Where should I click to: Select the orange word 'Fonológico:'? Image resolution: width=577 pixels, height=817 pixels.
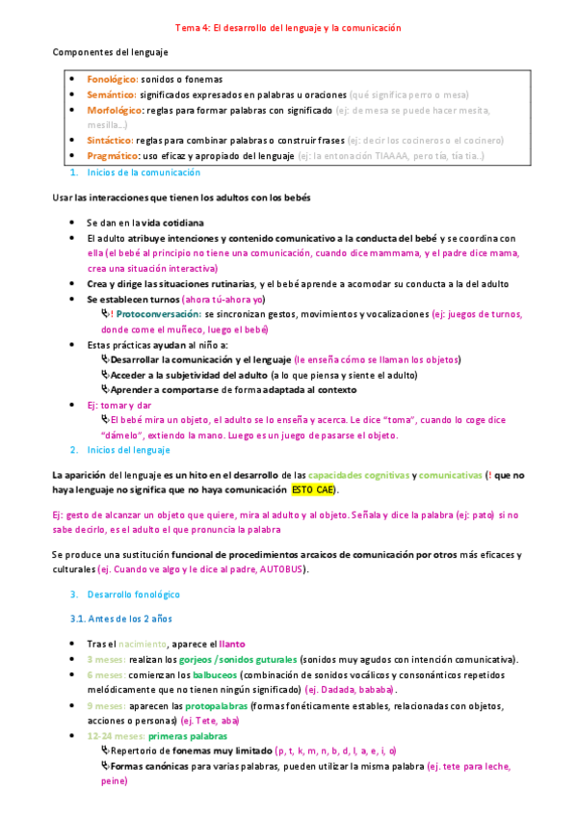[x=113, y=79]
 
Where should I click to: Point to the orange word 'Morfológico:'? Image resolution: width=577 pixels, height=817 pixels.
[x=115, y=111]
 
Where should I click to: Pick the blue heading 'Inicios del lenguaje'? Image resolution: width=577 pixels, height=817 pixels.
[x=128, y=450]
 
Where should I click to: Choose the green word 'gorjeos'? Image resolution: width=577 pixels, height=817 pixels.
[x=198, y=659]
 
